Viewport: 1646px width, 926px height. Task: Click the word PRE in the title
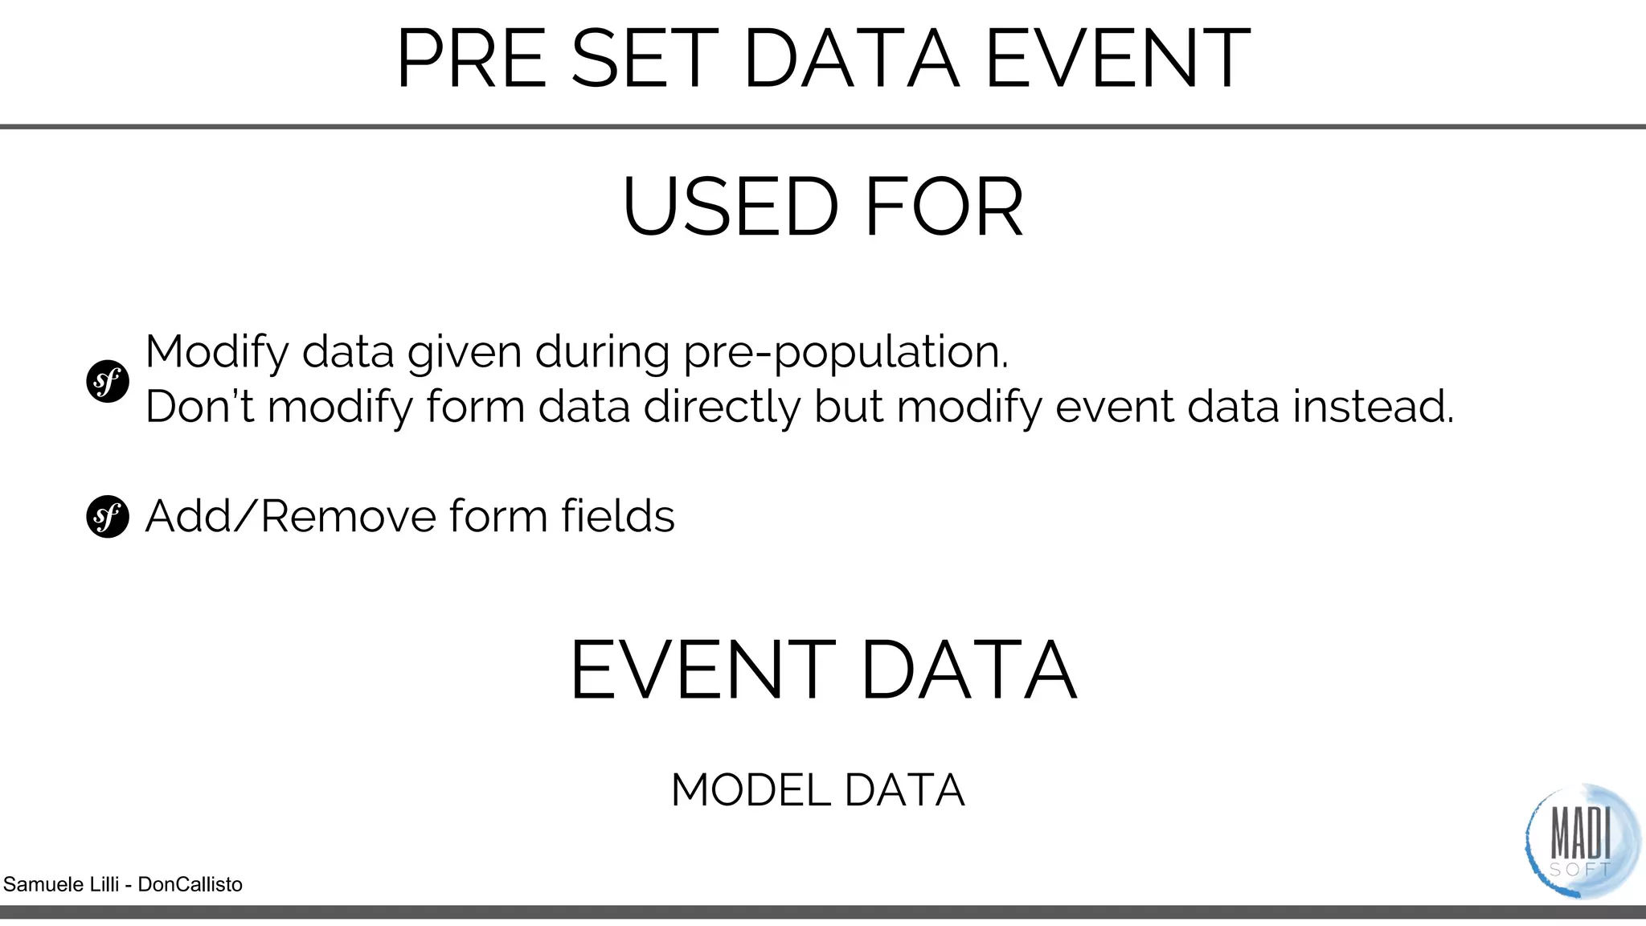tap(474, 59)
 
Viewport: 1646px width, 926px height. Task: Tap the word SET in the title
tap(644, 59)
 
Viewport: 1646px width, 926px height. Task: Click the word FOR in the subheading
tap(944, 207)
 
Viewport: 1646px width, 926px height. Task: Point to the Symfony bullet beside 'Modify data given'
tap(108, 381)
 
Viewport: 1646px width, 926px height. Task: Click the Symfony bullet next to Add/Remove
tap(108, 516)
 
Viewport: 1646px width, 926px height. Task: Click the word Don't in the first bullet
tap(199, 406)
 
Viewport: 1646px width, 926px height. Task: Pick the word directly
tap(722, 408)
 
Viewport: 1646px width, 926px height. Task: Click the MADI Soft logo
tap(1580, 841)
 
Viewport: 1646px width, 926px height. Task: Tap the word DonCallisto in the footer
tap(190, 885)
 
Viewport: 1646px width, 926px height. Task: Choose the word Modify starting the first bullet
tap(216, 354)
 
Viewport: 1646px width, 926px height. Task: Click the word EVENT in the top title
tap(1117, 59)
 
